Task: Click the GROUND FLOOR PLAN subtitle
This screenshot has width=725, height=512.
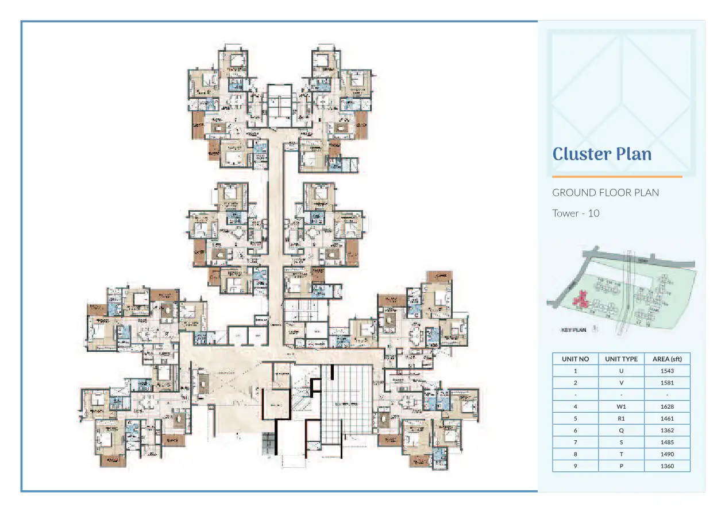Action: tap(606, 192)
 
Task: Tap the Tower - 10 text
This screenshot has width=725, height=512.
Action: tap(576, 214)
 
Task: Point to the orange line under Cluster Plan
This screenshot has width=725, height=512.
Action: tap(617, 177)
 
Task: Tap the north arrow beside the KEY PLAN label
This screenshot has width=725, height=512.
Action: tap(595, 329)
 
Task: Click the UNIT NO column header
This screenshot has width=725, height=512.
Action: tap(575, 359)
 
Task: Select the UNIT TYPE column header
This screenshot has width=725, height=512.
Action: tap(621, 359)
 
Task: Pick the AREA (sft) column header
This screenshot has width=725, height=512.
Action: tap(667, 359)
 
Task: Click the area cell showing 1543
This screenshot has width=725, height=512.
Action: tap(667, 371)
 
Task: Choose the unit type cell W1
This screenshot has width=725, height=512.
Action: tap(621, 406)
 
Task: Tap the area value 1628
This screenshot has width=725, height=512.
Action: tap(667, 406)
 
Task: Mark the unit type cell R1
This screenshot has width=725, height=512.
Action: tap(621, 418)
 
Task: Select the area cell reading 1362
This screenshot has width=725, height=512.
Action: tap(667, 430)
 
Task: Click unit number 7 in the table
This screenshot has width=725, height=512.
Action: tap(575, 442)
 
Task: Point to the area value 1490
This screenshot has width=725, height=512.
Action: tap(667, 454)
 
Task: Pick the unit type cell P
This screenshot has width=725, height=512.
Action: tap(621, 466)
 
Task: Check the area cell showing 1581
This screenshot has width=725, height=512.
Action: tap(667, 382)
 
